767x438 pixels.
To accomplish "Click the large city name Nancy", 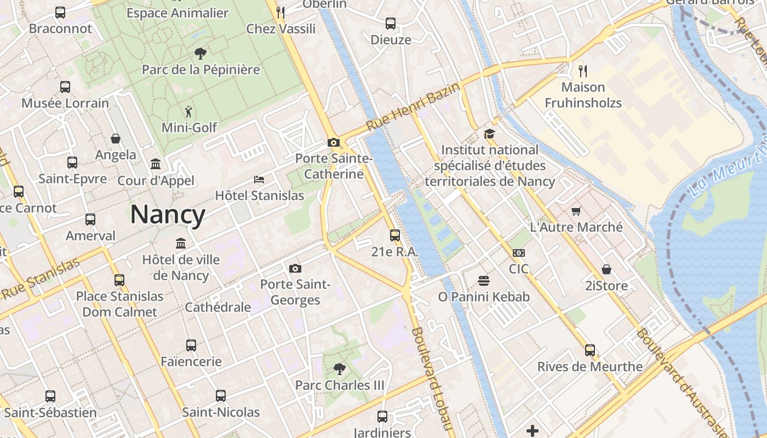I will tap(168, 215).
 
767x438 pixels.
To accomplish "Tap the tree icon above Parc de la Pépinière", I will tap(201, 53).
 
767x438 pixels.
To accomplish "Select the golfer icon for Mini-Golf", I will tap(189, 111).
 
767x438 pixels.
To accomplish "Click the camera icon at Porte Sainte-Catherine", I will tap(333, 142).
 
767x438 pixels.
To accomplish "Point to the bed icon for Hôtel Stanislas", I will tap(259, 179).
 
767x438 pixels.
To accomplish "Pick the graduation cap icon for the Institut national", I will tap(489, 134).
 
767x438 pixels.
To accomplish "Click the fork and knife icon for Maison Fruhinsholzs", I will tap(583, 71).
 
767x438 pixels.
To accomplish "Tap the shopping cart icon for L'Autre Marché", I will tap(576, 211).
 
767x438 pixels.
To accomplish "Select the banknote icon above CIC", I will tap(518, 253).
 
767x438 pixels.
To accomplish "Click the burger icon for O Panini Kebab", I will tap(483, 281).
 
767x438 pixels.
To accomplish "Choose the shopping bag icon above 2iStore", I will tap(606, 269).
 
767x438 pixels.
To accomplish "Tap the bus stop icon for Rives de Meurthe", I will tap(589, 350).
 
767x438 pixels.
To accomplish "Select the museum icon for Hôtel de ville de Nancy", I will tap(181, 243).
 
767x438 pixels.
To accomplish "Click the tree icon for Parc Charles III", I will tap(340, 369).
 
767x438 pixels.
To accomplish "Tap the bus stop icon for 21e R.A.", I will tap(394, 235).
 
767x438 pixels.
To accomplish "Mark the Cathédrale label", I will tap(217, 307).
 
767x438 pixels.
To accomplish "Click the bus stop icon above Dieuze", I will tap(390, 24).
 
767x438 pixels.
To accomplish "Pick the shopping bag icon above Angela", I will tap(116, 139).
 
